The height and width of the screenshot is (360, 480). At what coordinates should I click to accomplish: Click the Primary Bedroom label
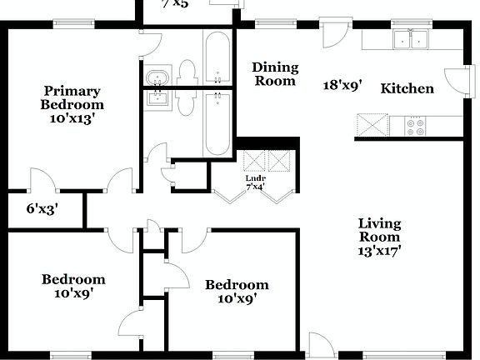72,97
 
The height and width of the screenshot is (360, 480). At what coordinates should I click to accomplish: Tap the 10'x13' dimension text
72,118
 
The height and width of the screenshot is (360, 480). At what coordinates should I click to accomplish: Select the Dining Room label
275,74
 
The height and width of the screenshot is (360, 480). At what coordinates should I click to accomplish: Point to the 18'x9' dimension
342,84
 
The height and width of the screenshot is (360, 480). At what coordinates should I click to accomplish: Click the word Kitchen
407,88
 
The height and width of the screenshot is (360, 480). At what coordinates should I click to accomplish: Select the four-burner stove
416,126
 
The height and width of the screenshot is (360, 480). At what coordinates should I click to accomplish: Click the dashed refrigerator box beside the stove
372,126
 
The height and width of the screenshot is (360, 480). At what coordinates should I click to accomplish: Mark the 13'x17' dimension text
379,249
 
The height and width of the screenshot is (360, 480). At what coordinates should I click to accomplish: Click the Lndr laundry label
255,178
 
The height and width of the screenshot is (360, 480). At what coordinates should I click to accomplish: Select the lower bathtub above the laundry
217,123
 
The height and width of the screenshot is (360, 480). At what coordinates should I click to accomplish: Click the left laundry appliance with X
254,161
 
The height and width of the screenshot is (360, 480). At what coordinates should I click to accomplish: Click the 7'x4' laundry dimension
255,187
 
